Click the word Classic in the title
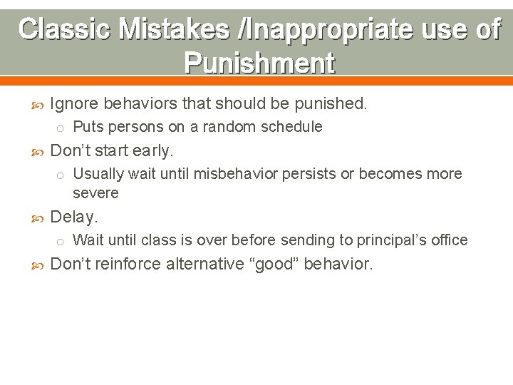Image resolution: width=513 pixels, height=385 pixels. pyautogui.click(x=64, y=29)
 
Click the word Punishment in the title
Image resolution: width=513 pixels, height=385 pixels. pyautogui.click(x=259, y=63)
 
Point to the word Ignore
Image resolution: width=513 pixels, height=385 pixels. pyautogui.click(x=75, y=103)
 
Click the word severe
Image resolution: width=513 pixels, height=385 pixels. pyautogui.click(x=95, y=193)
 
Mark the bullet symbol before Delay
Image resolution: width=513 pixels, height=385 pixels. pyautogui.click(x=38, y=217)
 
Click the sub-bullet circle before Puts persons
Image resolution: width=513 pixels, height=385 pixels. pyautogui.click(x=61, y=128)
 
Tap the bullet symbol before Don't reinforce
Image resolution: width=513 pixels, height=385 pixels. pyautogui.click(x=38, y=265)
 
